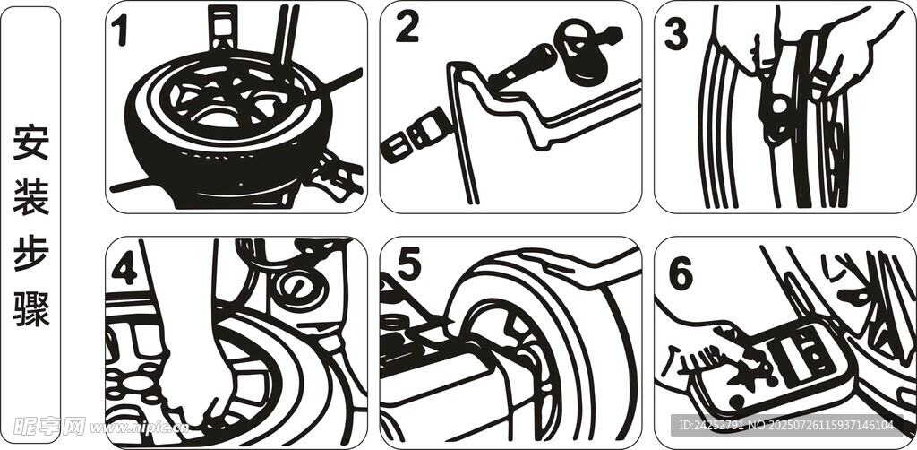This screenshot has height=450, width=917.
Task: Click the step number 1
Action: pos(121,31)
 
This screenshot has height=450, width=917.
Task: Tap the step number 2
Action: pos(407,28)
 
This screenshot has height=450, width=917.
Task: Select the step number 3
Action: pos(675,34)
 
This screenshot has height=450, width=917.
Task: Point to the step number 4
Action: pos(124,269)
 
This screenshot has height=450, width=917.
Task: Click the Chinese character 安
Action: pos(31,143)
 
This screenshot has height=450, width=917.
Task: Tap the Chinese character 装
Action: pos(31,197)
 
